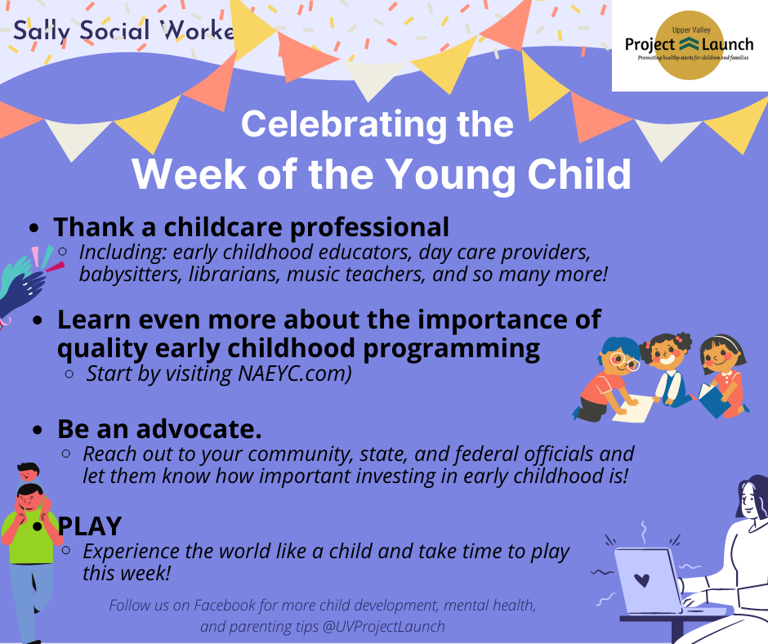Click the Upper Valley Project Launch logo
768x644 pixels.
(x=689, y=45)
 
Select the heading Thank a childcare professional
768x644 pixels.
(x=252, y=227)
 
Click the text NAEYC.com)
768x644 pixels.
(x=295, y=374)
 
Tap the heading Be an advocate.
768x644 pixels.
(x=159, y=429)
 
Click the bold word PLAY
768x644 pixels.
(x=90, y=526)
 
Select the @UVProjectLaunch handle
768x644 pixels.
(x=383, y=626)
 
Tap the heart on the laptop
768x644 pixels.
(x=641, y=580)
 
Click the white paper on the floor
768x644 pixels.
(x=632, y=409)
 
